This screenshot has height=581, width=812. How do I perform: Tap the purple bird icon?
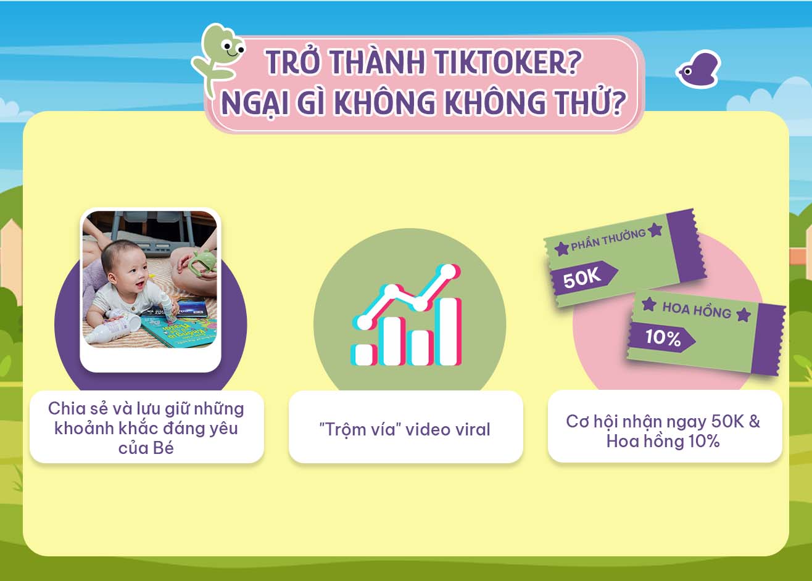tap(698, 69)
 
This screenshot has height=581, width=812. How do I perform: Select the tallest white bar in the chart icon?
tap(449, 332)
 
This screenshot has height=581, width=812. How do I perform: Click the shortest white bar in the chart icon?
tap(364, 355)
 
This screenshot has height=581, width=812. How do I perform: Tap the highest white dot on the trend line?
tap(449, 272)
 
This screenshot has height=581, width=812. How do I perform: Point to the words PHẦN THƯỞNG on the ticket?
tap(608, 240)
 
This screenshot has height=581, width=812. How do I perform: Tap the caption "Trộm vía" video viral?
tap(405, 429)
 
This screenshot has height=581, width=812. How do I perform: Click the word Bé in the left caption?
tap(164, 448)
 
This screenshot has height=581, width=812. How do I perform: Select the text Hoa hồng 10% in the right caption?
tap(663, 442)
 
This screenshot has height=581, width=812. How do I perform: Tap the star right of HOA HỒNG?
tap(744, 315)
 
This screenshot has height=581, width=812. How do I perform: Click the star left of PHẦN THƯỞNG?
tap(562, 249)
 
